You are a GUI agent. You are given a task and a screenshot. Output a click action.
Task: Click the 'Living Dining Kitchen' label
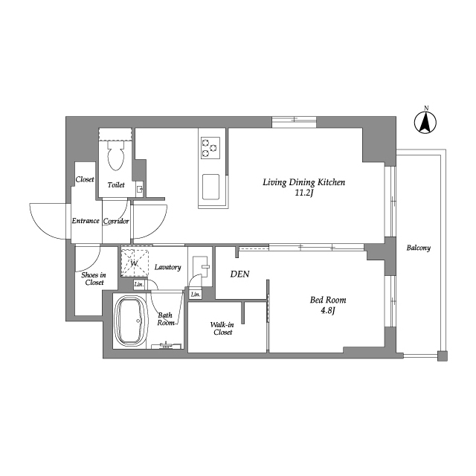click(x=303, y=182)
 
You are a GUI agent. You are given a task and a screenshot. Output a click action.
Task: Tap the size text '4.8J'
click(x=327, y=312)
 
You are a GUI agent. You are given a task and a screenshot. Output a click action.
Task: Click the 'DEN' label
click(x=239, y=274)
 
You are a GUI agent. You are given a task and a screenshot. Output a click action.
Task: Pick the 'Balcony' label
click(x=418, y=248)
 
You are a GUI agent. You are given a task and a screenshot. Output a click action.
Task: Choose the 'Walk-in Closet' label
click(x=222, y=328)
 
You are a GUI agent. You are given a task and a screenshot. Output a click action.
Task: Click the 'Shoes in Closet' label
click(x=94, y=279)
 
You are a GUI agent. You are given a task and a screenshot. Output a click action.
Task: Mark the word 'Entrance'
click(x=86, y=221)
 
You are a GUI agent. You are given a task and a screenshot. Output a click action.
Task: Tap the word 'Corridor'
click(x=117, y=221)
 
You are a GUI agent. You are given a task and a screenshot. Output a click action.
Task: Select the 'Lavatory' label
click(x=167, y=267)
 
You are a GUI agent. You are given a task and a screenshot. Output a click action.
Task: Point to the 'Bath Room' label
click(x=166, y=319)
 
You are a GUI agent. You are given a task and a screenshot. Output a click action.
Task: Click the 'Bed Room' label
click(x=328, y=300)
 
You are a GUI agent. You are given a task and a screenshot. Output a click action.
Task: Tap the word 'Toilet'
click(x=116, y=184)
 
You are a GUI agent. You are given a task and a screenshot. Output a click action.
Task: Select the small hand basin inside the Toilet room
click(x=139, y=189)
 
